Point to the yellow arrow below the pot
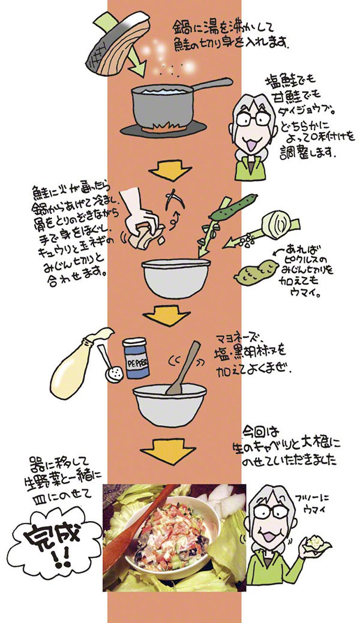click(x=167, y=170)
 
